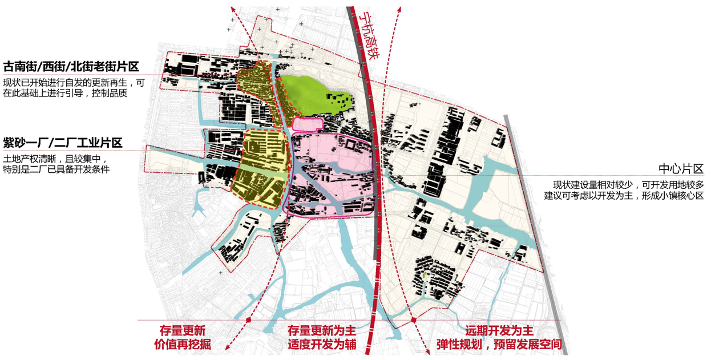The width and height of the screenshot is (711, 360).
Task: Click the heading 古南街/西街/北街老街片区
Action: click(71, 66)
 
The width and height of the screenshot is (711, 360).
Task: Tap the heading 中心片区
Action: click(681, 169)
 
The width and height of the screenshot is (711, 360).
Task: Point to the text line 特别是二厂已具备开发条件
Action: click(56, 169)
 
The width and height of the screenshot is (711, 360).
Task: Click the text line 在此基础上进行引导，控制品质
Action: click(64, 93)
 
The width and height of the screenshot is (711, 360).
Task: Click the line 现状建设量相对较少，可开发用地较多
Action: click(628, 184)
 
